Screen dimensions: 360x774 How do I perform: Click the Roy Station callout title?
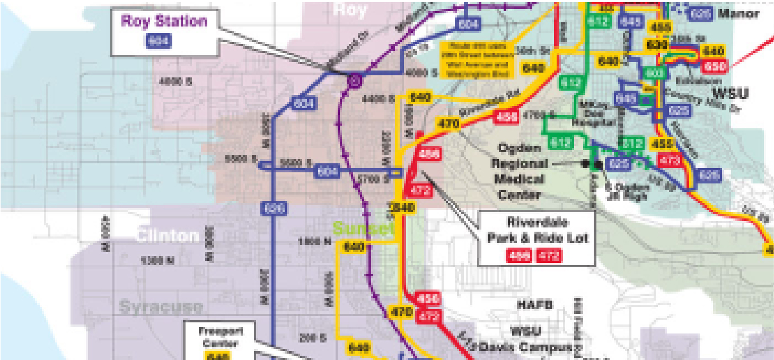point(164,22)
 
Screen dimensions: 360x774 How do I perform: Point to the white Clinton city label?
point(167,235)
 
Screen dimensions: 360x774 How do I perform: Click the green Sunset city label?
point(363,229)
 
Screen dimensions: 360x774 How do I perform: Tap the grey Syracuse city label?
point(161,307)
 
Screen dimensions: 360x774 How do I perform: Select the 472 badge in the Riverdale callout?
point(548,256)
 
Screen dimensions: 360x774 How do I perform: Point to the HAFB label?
point(534,305)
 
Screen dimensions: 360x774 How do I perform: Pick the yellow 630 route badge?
point(656,45)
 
